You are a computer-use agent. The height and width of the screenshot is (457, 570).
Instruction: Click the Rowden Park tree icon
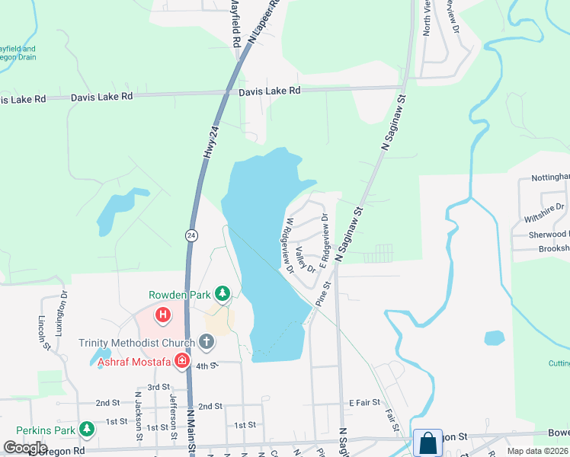[222, 293]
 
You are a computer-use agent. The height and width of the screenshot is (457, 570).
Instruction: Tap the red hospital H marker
[162, 314]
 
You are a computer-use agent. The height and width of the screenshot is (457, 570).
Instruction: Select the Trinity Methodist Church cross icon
[206, 342]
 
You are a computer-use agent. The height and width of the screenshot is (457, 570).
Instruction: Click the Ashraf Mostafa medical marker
[182, 361]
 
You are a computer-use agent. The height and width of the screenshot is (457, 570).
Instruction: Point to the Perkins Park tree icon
[88, 430]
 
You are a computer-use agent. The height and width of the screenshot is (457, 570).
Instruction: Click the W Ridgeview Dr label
[289, 245]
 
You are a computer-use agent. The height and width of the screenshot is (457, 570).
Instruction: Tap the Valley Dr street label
[306, 259]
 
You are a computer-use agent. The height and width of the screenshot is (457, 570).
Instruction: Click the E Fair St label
[364, 401]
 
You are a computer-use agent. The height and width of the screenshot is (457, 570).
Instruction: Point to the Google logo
[25, 448]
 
